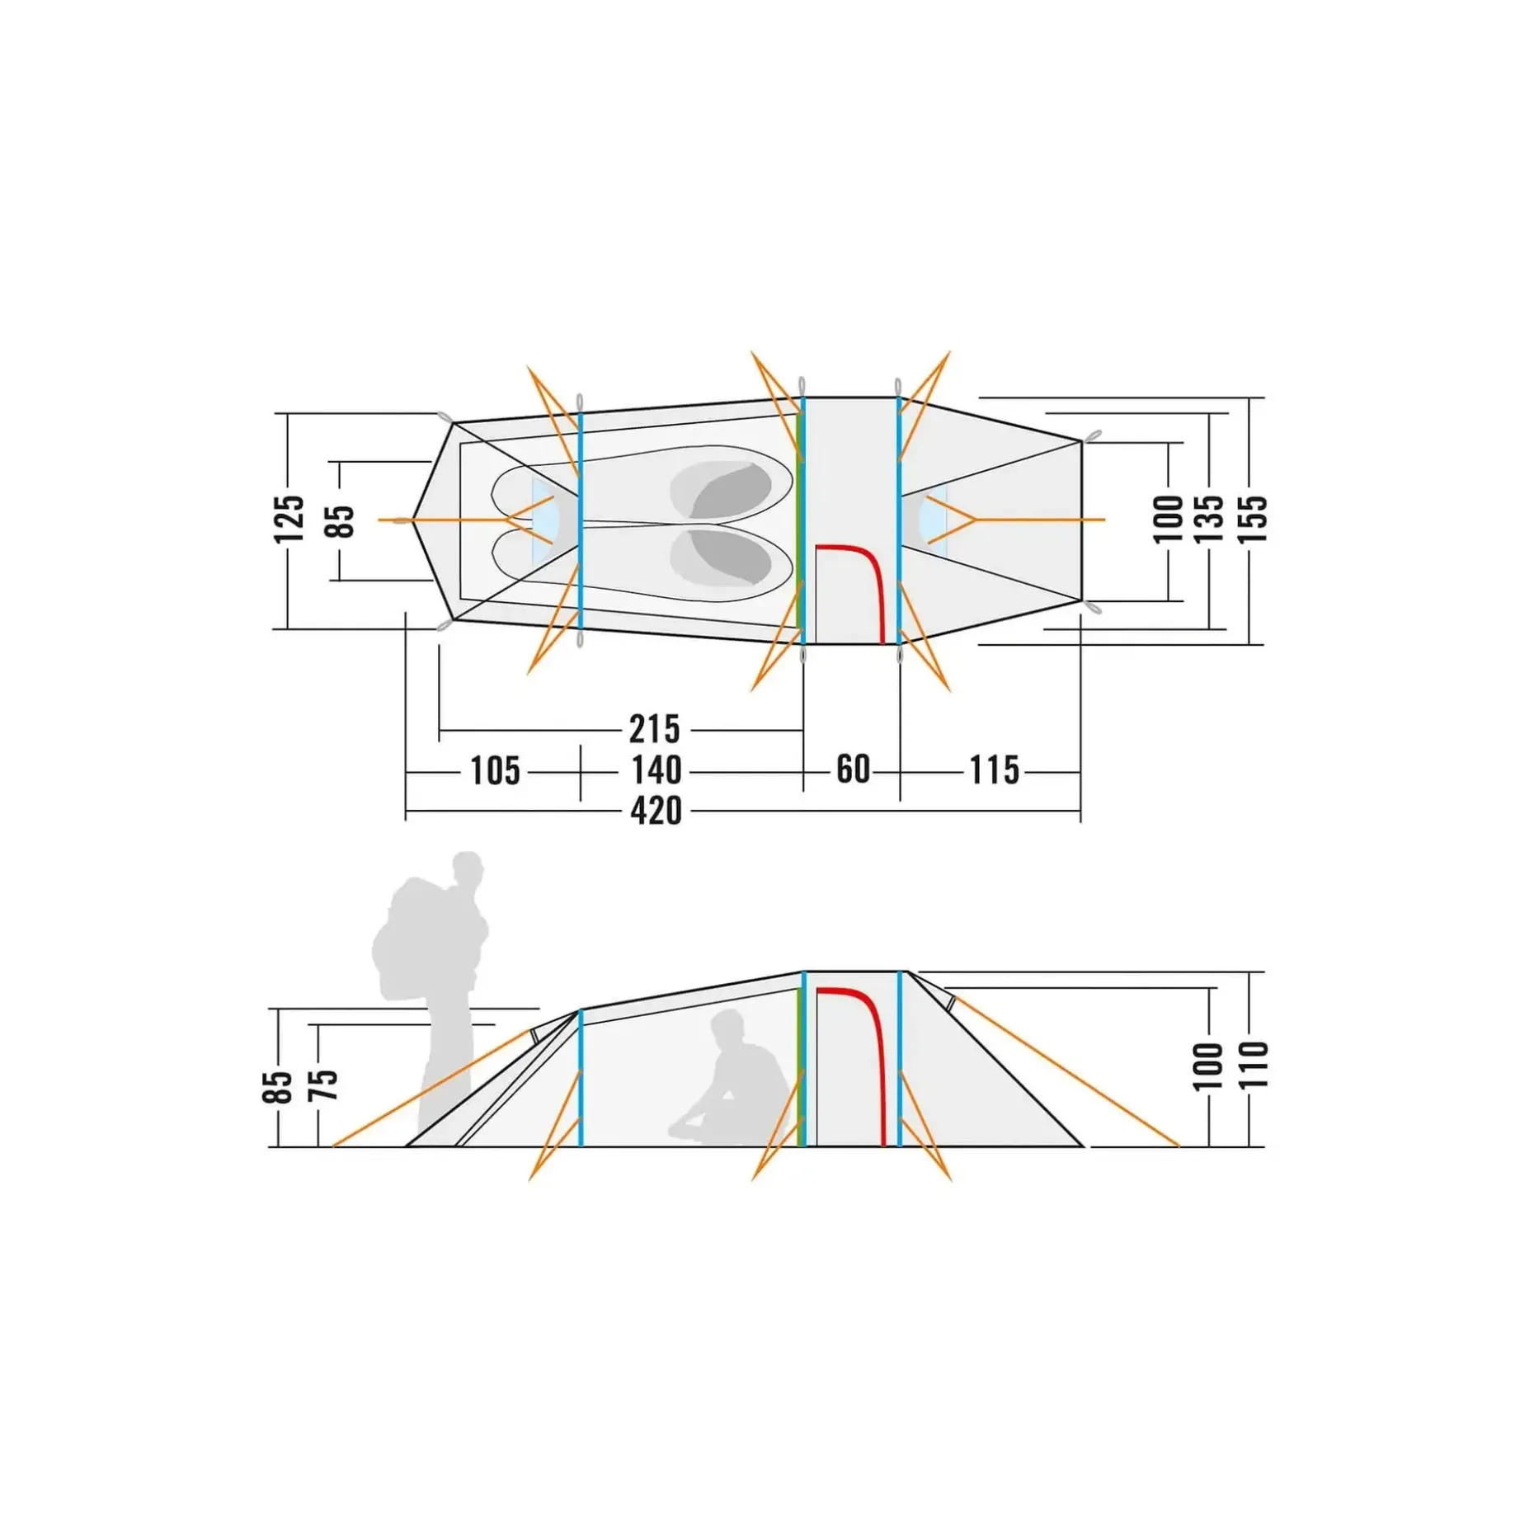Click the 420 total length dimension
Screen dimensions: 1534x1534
click(656, 811)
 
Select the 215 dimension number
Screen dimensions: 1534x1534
click(655, 729)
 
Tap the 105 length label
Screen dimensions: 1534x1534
click(495, 771)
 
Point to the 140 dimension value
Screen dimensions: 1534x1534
click(656, 770)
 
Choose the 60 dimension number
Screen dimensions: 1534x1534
click(853, 769)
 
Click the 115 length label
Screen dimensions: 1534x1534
click(994, 770)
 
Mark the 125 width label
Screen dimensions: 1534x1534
click(289, 520)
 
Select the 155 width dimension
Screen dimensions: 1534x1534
click(1252, 519)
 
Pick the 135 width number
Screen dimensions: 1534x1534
click(1209, 519)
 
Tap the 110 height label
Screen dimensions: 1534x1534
click(1252, 1065)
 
